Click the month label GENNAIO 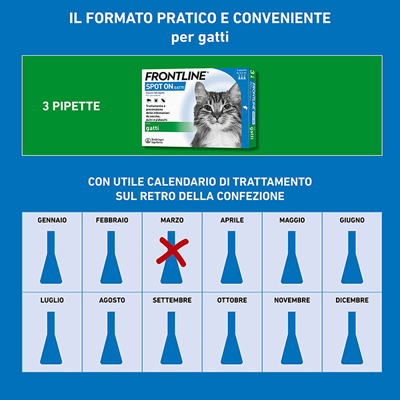(52, 220)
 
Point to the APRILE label (232, 220)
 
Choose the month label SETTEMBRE (172, 301)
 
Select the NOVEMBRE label (292, 301)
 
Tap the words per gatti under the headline (200, 37)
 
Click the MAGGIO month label (292, 220)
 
